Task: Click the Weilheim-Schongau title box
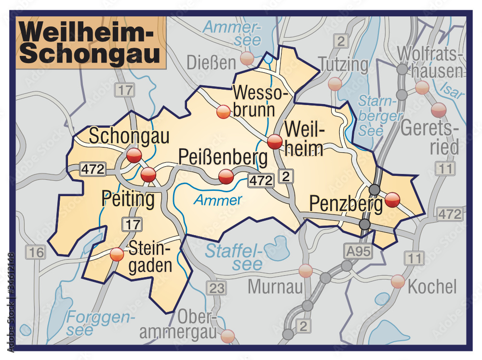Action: coord(91,43)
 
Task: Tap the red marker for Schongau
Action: coord(134,156)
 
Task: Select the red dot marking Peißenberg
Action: coord(226,177)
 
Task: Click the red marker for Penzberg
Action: coord(393,200)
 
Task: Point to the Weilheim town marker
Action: coord(275,142)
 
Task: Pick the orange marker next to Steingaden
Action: coord(117,254)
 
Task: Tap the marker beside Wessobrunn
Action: coord(223,112)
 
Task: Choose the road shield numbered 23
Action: coord(216,288)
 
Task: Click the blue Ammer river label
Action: coord(218,200)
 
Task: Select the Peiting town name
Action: coord(128,199)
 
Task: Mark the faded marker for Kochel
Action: coord(398,281)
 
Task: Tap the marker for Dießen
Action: coord(247,59)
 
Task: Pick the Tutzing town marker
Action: coord(335,84)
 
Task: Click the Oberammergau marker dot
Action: coord(228,336)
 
